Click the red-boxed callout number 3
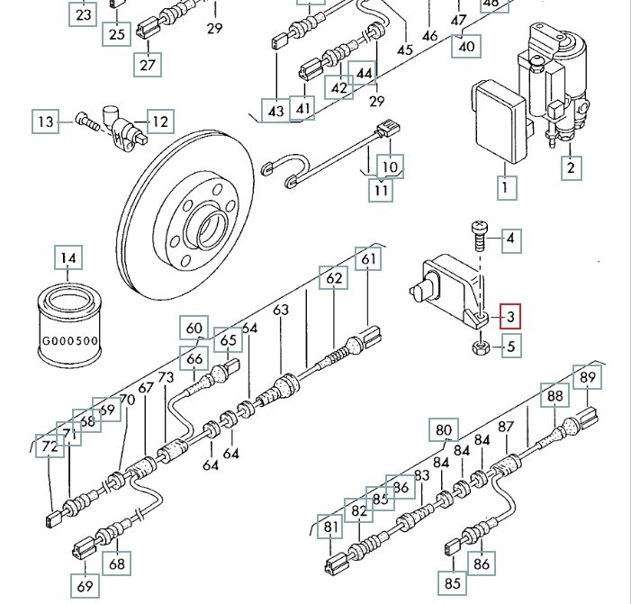point(510,316)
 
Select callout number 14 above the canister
point(68,258)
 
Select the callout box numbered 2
point(571,166)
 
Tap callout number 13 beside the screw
point(45,121)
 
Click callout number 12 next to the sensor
point(159,121)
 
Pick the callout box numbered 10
point(390,167)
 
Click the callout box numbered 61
point(367,259)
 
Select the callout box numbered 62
point(334,279)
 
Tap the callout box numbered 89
point(588,377)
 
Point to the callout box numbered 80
point(444,429)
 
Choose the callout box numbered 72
point(49,445)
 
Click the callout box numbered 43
point(275,111)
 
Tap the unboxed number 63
point(282,310)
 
